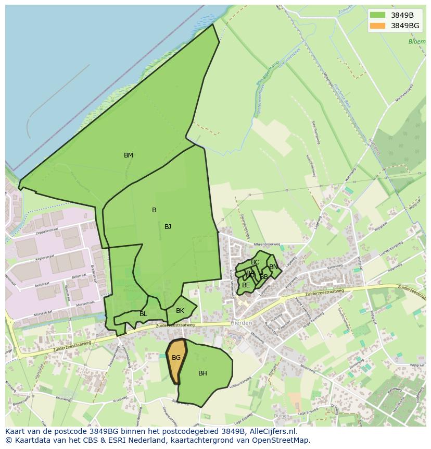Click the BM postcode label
pyautogui.click(x=129, y=155)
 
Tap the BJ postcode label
pyautogui.click(x=168, y=227)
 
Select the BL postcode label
pyautogui.click(x=143, y=314)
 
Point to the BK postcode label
pyautogui.click(x=180, y=311)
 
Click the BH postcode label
pyautogui.click(x=202, y=373)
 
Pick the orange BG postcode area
pyautogui.click(x=176, y=360)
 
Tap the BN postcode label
pyautogui.click(x=273, y=267)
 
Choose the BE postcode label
pyautogui.click(x=246, y=285)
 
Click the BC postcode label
pyautogui.click(x=255, y=262)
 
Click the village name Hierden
pyautogui.click(x=241, y=323)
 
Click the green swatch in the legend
pyautogui.click(x=377, y=15)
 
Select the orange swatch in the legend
pyautogui.click(x=377, y=26)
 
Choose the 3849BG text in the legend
pyautogui.click(x=405, y=26)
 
